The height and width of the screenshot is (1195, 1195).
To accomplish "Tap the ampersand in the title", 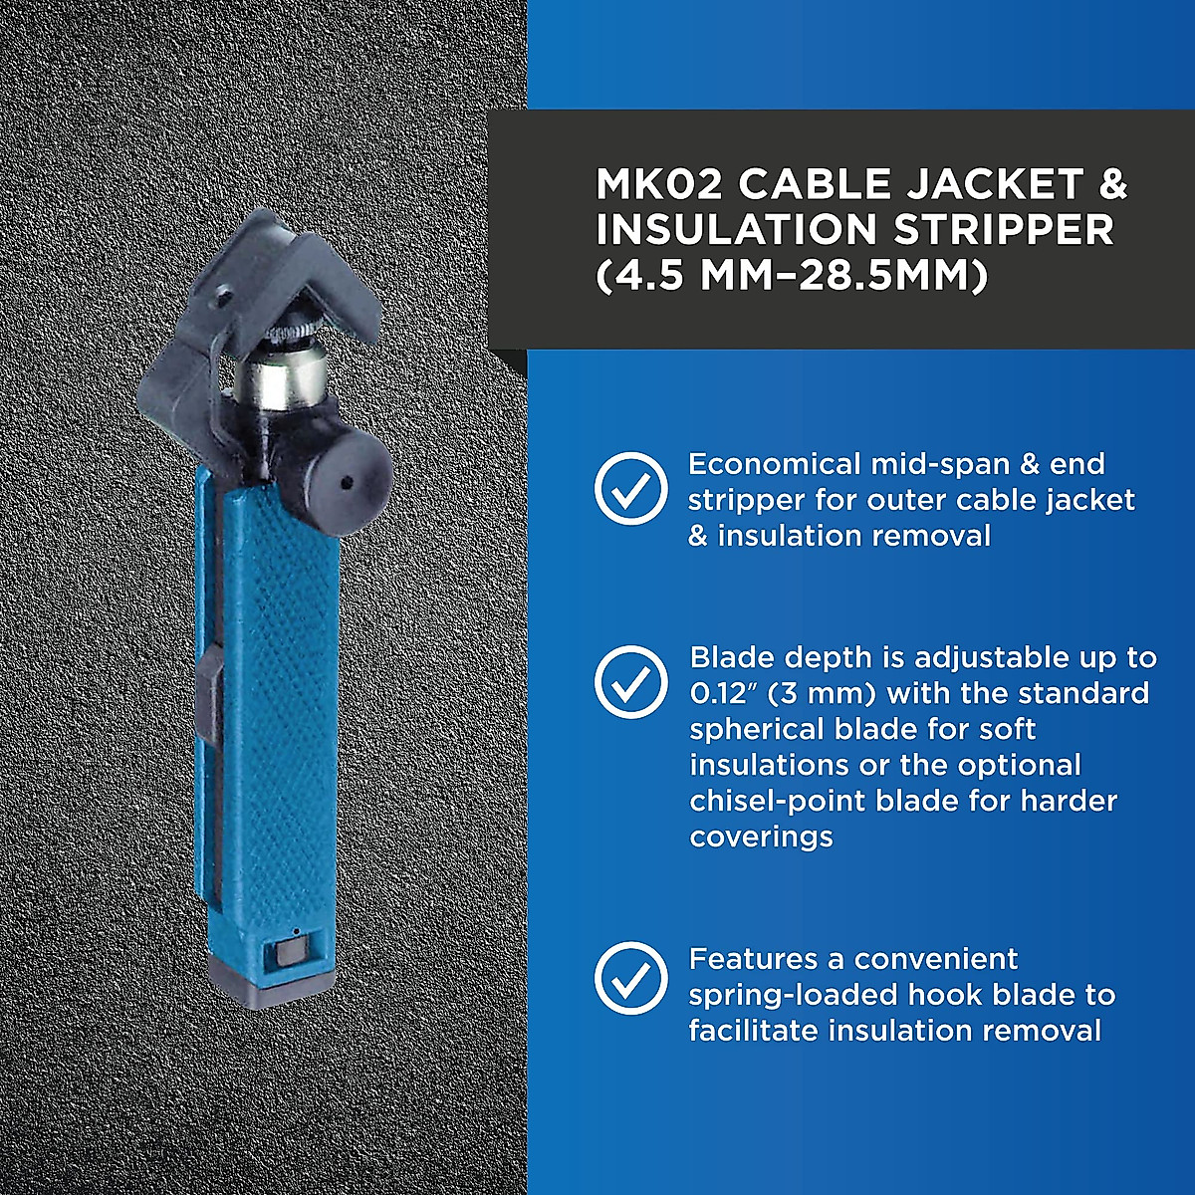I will (1113, 184).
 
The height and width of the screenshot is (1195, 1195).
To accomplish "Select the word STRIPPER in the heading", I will (1004, 230).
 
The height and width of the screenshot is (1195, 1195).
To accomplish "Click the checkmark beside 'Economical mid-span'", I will (631, 488).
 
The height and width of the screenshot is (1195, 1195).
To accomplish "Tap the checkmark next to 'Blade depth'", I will (631, 682).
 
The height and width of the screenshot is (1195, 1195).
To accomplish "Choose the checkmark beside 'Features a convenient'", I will (631, 978).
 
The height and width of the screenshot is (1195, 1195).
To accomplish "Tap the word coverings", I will (761, 836).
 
